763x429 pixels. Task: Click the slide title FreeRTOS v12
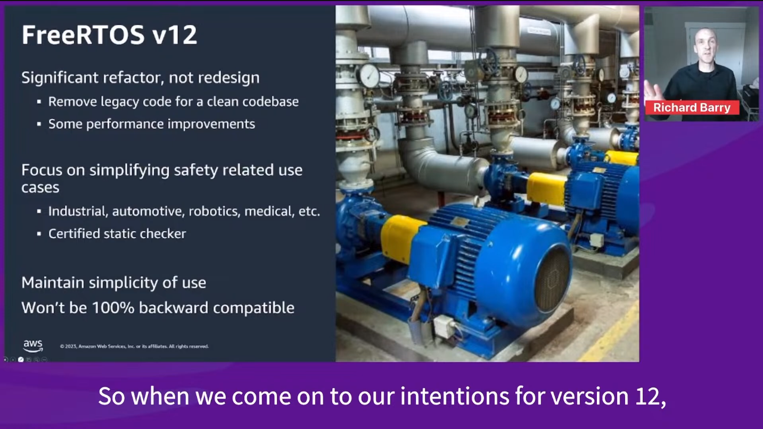tap(109, 35)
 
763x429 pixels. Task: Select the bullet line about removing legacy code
tap(174, 102)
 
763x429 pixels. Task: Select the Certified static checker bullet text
tap(117, 234)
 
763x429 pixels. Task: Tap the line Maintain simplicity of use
tap(114, 283)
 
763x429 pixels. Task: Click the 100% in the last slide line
tap(113, 308)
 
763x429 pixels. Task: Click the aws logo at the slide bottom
tap(33, 346)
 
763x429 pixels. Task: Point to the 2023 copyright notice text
tap(134, 346)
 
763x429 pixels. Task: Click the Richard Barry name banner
tap(692, 107)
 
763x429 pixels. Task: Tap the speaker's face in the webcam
tap(706, 46)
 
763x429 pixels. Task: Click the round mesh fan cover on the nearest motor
tap(552, 279)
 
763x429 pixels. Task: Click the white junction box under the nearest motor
tap(444, 326)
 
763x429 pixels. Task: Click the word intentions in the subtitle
tap(454, 396)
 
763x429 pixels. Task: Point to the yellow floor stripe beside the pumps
tap(610, 331)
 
